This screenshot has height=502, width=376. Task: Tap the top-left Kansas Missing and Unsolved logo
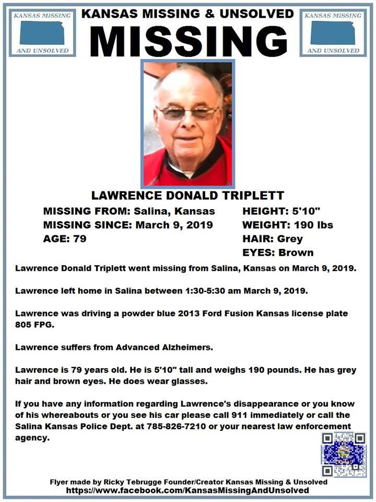[42, 32]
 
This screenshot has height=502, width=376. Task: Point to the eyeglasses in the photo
[188, 112]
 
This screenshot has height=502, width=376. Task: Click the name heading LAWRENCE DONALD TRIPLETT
[188, 196]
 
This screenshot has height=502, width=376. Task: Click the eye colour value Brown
[296, 253]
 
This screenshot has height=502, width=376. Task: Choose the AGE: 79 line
[64, 239]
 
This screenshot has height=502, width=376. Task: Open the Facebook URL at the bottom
[187, 491]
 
